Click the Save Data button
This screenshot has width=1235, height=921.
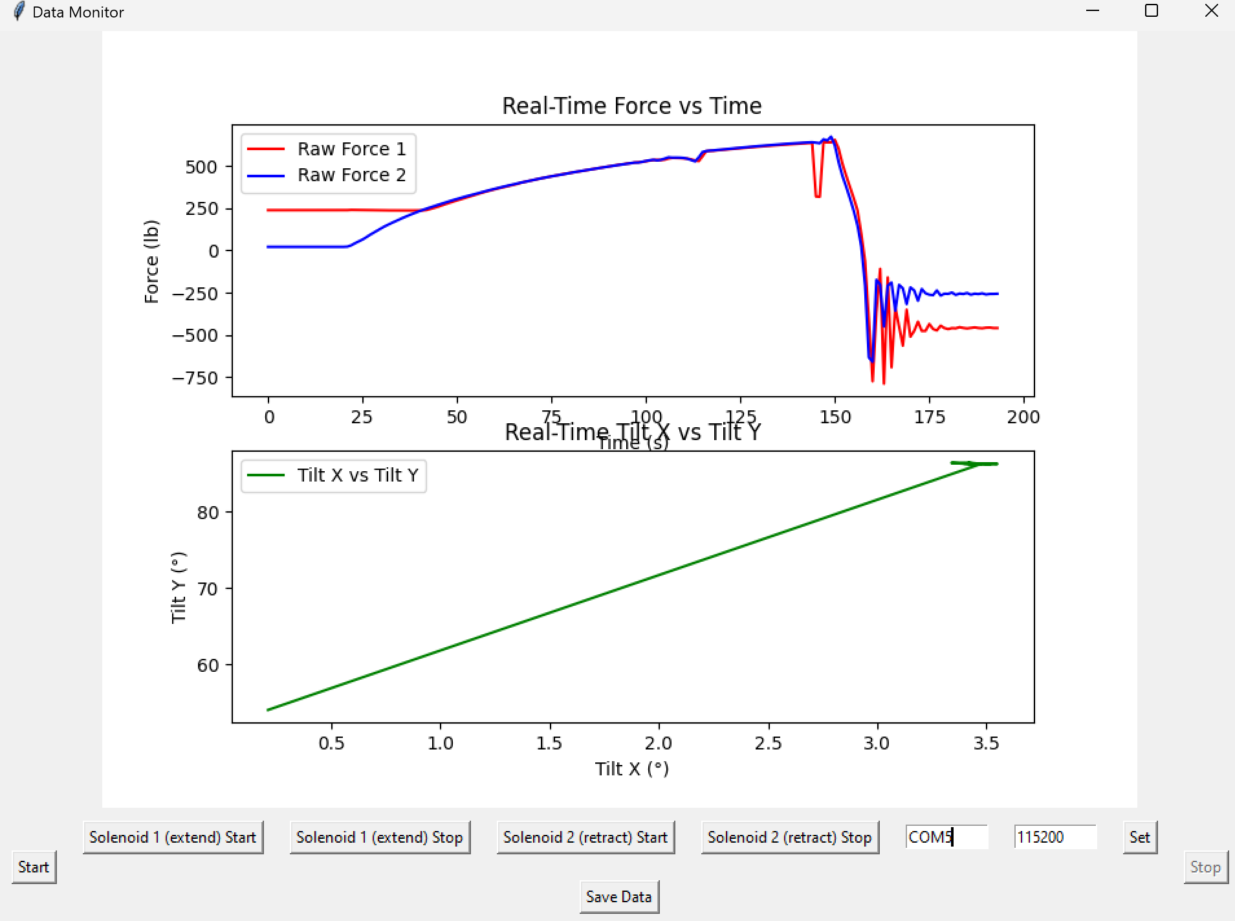tap(618, 896)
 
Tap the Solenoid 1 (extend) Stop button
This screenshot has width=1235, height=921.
tap(380, 838)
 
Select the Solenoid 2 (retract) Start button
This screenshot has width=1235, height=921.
tap(585, 838)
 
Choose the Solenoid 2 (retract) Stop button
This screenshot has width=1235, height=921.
tap(790, 838)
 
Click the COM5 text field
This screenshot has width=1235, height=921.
tap(946, 837)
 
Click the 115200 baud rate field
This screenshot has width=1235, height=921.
tap(1055, 837)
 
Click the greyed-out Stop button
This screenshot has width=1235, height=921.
tap(1205, 867)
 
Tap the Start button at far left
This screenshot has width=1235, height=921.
tap(34, 867)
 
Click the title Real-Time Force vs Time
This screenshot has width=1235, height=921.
tap(632, 105)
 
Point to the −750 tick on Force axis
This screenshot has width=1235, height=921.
tap(195, 378)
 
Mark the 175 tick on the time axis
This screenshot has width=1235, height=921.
tap(930, 417)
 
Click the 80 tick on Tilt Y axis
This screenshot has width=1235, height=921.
tap(208, 513)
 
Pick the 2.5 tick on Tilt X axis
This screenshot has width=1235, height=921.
tap(768, 743)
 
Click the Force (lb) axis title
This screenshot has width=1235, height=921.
tap(151, 261)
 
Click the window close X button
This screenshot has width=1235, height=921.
tap(1211, 11)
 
